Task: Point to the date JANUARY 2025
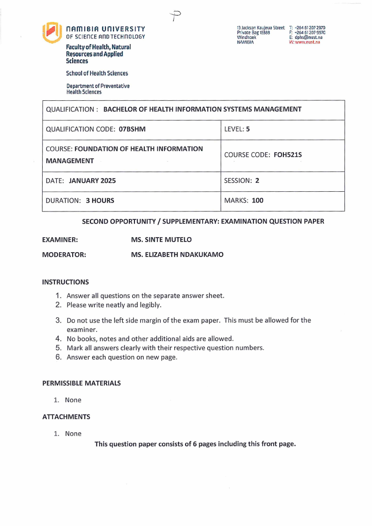(x=92, y=180)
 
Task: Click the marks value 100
(x=258, y=201)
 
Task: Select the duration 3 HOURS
(x=100, y=201)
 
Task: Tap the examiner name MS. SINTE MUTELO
(x=161, y=240)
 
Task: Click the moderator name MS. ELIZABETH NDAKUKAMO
(x=177, y=255)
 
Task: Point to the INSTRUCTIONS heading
(x=65, y=282)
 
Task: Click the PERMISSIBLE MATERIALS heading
(x=82, y=383)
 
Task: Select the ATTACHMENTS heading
(x=66, y=417)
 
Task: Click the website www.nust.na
(x=307, y=42)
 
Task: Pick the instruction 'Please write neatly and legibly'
(x=114, y=305)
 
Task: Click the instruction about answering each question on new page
(x=122, y=357)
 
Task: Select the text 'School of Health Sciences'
(x=97, y=73)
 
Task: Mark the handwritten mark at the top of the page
(x=176, y=15)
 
